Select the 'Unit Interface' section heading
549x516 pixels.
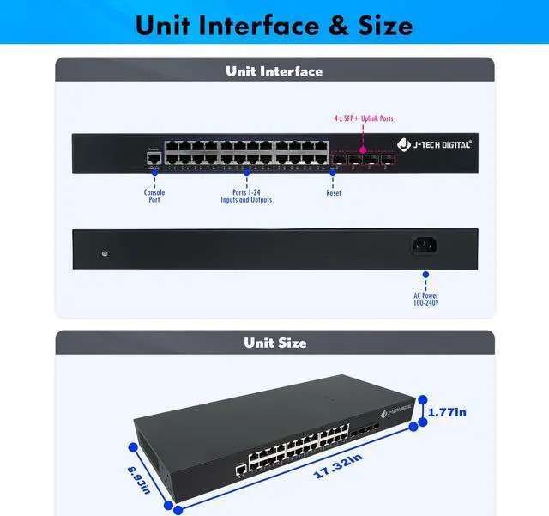click(274, 71)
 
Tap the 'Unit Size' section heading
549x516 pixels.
click(274, 343)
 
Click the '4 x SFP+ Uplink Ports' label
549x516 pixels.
click(364, 118)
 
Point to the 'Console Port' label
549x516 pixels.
click(154, 196)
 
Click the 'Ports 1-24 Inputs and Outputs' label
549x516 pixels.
click(252, 196)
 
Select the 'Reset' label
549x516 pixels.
click(334, 193)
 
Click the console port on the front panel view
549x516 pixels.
click(154, 157)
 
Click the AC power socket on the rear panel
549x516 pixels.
click(425, 246)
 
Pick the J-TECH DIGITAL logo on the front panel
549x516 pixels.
click(434, 144)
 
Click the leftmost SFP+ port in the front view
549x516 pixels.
click(340, 159)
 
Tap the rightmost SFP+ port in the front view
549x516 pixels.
click(388, 159)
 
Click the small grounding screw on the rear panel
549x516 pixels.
click(104, 253)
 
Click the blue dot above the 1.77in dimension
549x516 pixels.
click(420, 400)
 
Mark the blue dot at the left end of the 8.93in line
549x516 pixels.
click(133, 446)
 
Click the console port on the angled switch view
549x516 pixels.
click(241, 470)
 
